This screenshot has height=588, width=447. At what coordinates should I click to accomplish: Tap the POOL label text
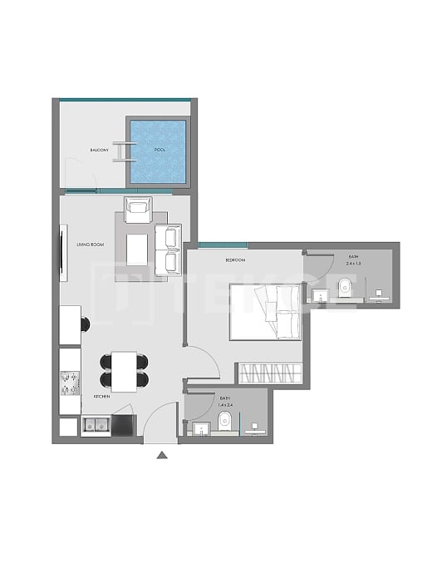(x=160, y=150)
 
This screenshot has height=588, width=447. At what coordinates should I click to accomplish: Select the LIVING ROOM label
(x=90, y=244)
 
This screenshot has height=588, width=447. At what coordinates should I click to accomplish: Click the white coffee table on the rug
(x=137, y=245)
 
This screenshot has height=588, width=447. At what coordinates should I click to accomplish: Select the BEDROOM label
(x=235, y=260)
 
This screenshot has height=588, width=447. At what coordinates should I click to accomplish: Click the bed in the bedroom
(x=265, y=311)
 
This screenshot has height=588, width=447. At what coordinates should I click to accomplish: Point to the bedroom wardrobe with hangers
(x=269, y=373)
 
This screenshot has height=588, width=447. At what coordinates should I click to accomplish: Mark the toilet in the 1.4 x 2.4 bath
(x=223, y=422)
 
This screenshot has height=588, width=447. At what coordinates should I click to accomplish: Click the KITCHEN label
(x=101, y=397)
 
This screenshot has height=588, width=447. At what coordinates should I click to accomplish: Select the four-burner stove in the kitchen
(x=71, y=382)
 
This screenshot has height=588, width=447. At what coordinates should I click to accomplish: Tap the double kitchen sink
(x=96, y=426)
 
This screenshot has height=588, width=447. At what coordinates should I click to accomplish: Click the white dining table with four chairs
(x=125, y=371)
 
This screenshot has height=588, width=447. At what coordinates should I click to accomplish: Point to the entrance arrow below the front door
(x=162, y=454)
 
